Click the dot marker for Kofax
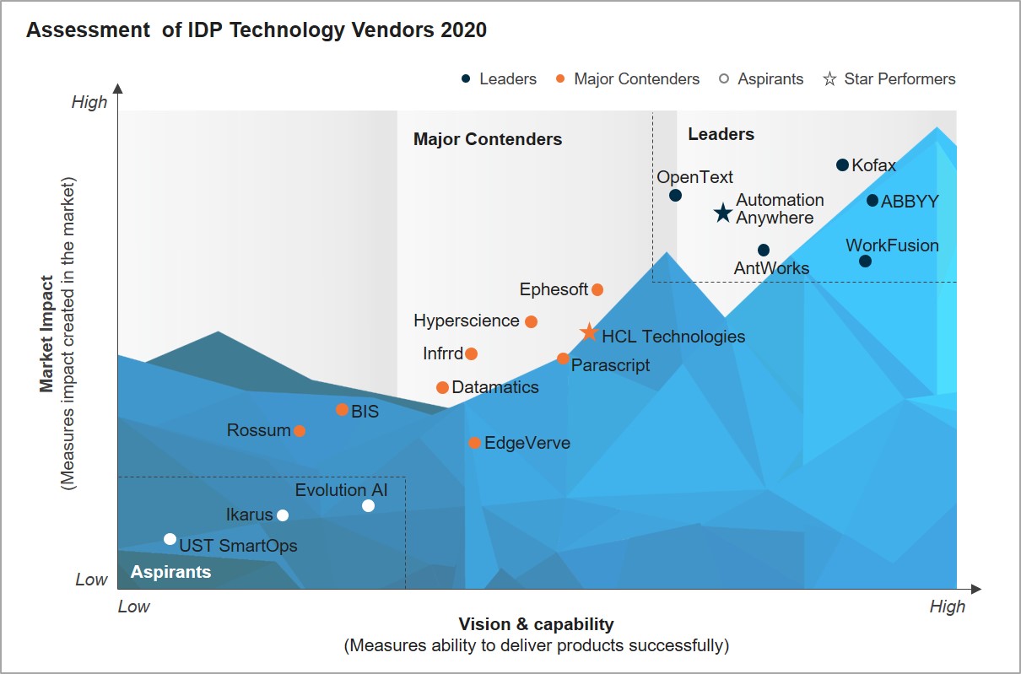[842, 164]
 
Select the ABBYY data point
[872, 201]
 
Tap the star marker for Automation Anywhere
[723, 213]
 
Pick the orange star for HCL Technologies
[589, 333]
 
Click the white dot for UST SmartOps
[170, 539]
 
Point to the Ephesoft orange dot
[597, 290]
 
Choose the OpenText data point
[675, 196]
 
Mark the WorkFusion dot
[865, 262]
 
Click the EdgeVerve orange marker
[475, 443]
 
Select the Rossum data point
[299, 431]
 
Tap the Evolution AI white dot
[368, 506]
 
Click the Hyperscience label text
[466, 321]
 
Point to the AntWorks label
[771, 269]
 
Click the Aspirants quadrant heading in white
[170, 572]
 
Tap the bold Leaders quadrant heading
[721, 134]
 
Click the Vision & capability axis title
[536, 625]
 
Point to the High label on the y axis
[89, 102]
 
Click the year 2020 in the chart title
[462, 30]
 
